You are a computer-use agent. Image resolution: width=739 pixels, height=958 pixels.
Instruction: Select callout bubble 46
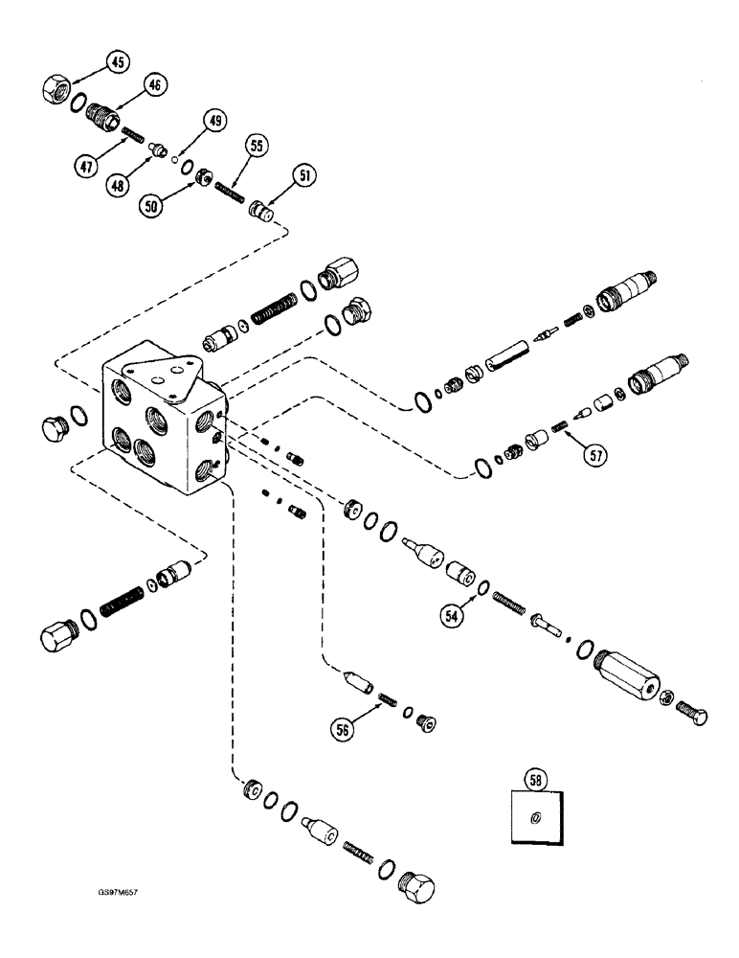click(x=156, y=84)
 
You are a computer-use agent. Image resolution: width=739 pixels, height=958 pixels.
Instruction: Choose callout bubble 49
click(x=214, y=122)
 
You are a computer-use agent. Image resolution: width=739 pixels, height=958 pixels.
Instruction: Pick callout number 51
click(x=305, y=175)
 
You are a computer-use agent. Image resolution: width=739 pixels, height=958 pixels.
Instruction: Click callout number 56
click(x=342, y=728)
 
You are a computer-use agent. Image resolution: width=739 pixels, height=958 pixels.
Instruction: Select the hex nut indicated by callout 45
click(x=56, y=89)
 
